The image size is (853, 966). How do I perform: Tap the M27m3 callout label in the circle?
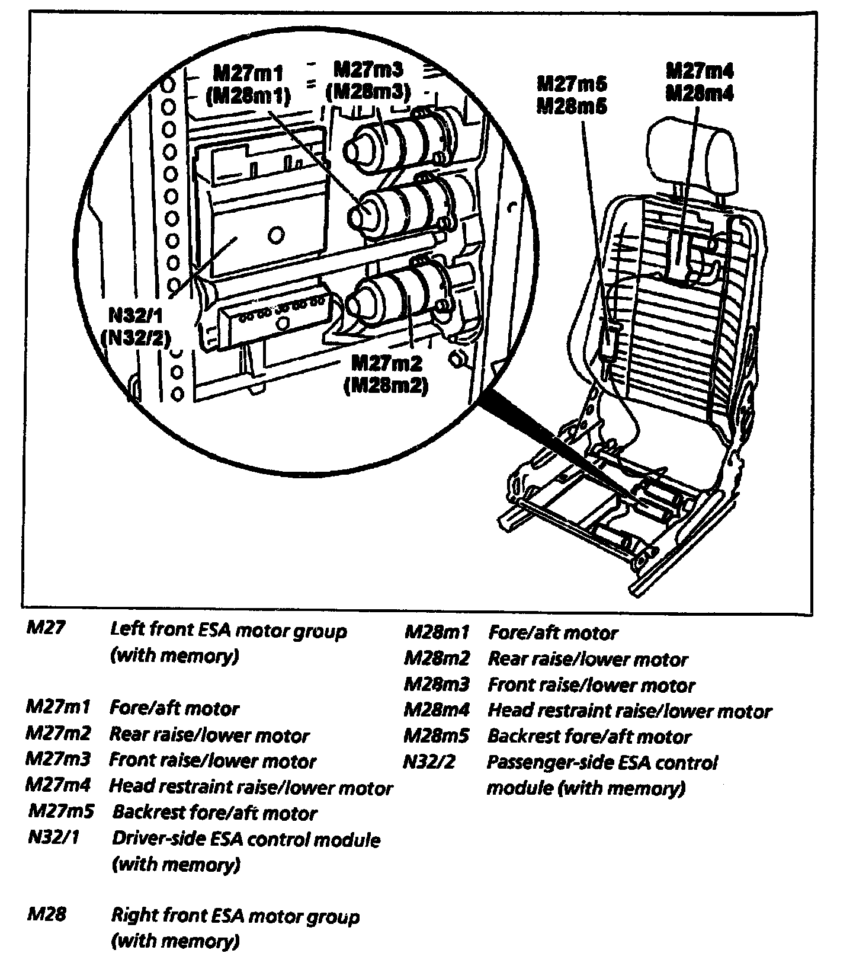368,70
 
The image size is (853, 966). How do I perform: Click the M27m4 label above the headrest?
700,72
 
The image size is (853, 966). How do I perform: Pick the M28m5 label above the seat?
572,107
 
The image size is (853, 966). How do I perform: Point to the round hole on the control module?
275,236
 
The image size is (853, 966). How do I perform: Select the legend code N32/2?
429,761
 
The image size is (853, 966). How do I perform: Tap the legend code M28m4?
437,709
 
